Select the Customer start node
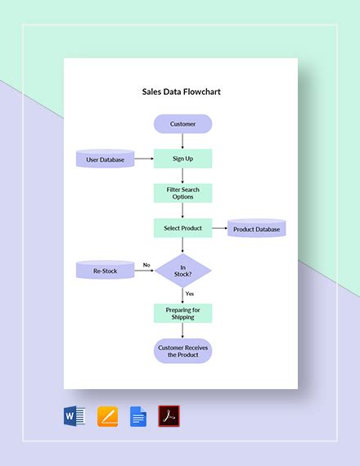[182, 124]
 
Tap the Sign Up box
[182, 159]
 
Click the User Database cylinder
[105, 159]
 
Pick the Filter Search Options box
[182, 194]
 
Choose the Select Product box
[182, 228]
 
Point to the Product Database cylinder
[256, 229]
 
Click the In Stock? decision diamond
[183, 271]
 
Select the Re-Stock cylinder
[105, 270]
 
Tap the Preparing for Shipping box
[182, 313]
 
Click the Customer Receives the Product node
[182, 351]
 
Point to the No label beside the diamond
[146, 265]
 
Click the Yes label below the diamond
[190, 293]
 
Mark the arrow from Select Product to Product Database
[218, 229]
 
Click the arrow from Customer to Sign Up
[182, 141]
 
